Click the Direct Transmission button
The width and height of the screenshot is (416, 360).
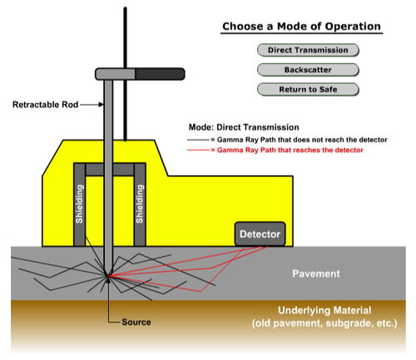[x=308, y=50]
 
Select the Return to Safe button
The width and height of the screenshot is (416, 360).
[x=308, y=90]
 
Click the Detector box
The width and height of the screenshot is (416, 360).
[x=260, y=234]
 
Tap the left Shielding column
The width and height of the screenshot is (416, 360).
[x=79, y=205]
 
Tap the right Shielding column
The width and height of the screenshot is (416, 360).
[x=140, y=205]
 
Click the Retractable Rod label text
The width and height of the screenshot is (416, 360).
[x=46, y=105]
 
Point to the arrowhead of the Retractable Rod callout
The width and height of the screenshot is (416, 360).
[x=102, y=105]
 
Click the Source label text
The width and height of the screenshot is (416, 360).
[x=136, y=322]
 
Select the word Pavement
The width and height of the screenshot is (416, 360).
[x=316, y=274]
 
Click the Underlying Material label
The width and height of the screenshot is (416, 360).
[x=324, y=310]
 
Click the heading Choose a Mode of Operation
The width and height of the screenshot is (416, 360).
[x=301, y=27]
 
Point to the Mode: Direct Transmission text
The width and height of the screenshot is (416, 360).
[x=244, y=127]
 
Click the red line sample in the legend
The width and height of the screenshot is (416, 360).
[x=198, y=150]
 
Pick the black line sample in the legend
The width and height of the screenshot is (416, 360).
[x=198, y=140]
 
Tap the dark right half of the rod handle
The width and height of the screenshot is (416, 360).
[x=160, y=74]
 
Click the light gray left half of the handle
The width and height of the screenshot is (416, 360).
[x=115, y=74]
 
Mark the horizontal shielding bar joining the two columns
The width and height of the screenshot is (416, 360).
[x=110, y=170]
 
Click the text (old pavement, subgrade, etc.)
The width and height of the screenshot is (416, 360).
[x=324, y=323]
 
